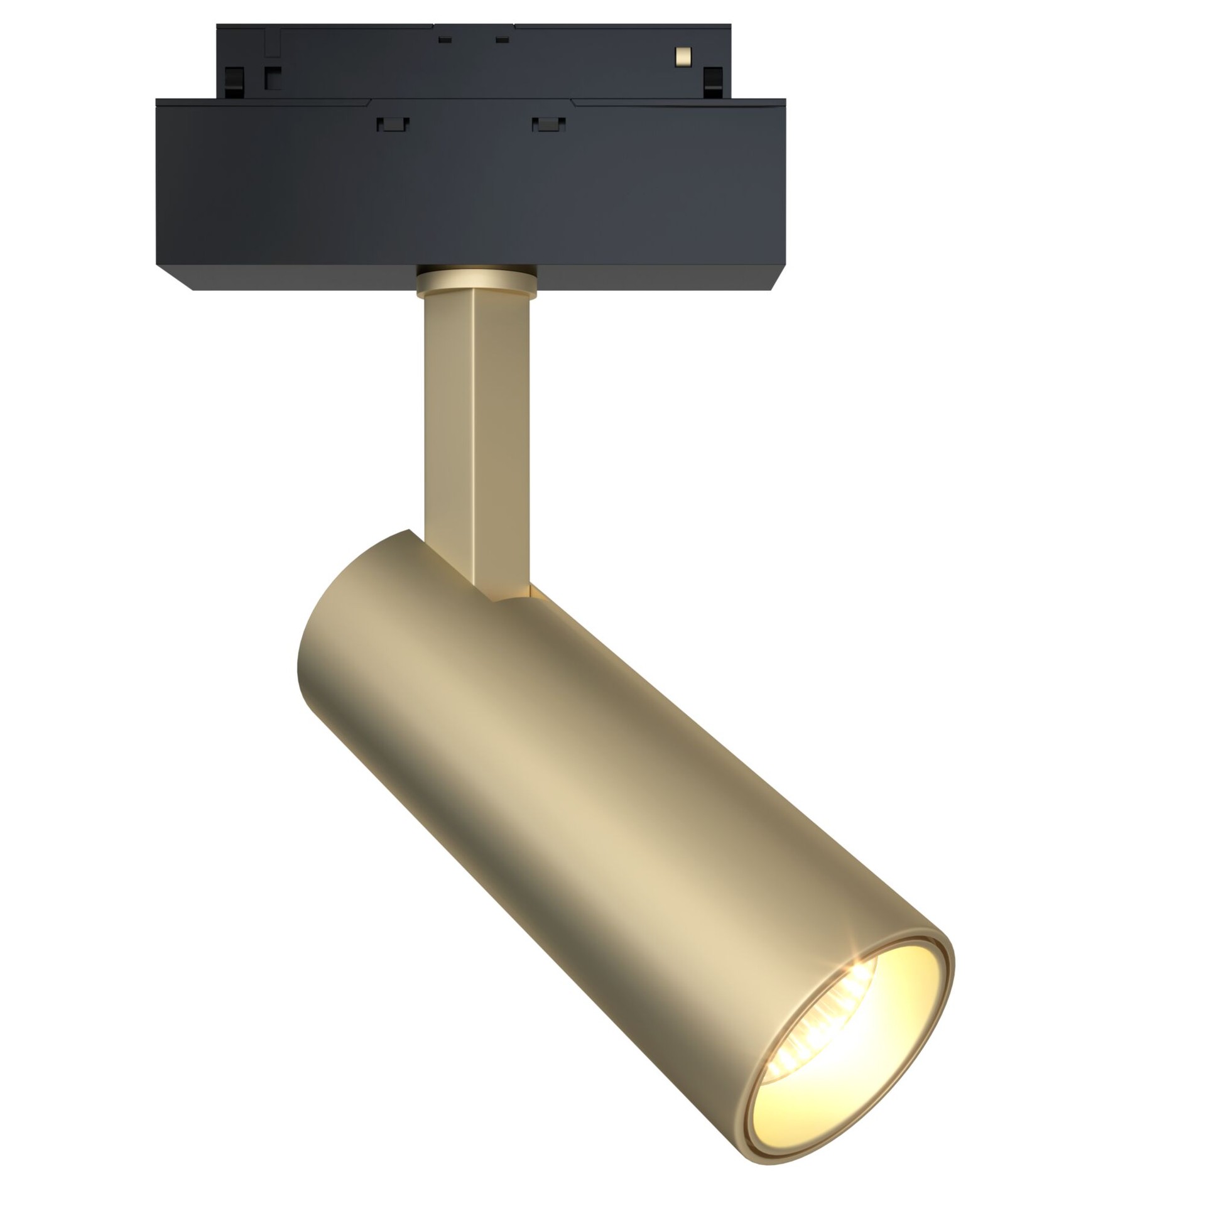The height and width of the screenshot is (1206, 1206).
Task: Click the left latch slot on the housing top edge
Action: click(x=393, y=124)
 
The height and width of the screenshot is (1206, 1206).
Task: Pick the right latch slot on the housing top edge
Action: click(x=548, y=124)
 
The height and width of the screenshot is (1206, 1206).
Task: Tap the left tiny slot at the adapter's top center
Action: click(x=445, y=40)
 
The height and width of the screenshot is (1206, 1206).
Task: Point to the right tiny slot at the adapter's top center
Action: click(x=501, y=40)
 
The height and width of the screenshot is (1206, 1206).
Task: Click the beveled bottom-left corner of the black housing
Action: click(x=176, y=276)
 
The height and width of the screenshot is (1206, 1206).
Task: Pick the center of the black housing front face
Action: click(x=471, y=188)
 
